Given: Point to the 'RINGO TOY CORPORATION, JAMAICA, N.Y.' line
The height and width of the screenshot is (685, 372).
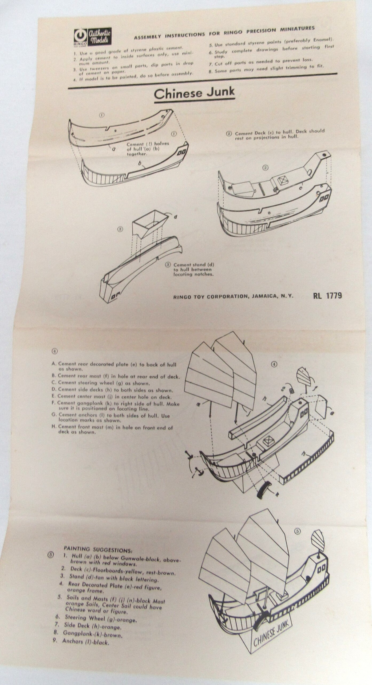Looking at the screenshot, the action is [233, 296].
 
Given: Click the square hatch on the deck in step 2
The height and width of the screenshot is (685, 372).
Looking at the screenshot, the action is [282, 180].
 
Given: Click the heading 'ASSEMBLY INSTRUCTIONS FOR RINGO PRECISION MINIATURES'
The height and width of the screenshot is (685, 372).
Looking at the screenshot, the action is [224, 32].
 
